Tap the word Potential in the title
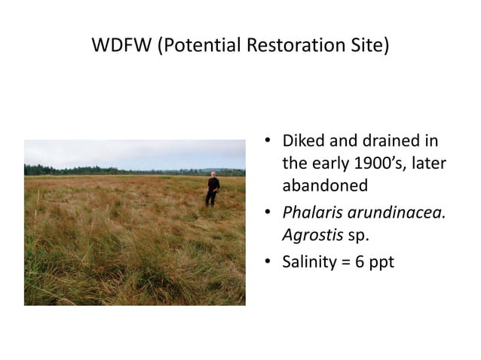pyautogui.click(x=203, y=46)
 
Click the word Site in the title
pyautogui.click(x=368, y=46)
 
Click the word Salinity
pyautogui.click(x=309, y=264)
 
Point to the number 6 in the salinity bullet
pyautogui.click(x=363, y=264)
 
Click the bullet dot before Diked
pyautogui.click(x=268, y=142)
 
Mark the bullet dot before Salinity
pyautogui.click(x=268, y=264)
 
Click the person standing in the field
pyautogui.click(x=213, y=190)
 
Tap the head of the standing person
pyautogui.click(x=213, y=175)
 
